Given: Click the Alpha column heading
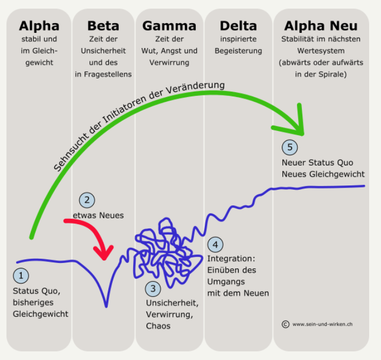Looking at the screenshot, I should coord(39,25).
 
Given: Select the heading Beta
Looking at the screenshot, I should coord(103,25).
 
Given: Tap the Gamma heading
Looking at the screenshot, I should coord(169,25).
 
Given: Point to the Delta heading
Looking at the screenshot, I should coord(238,25).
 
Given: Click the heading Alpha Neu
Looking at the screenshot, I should coord(321,25).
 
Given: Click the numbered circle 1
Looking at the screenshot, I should coord(20,276).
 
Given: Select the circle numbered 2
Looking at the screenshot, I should coord(87,200).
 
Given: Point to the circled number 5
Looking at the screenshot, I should coord(289,146).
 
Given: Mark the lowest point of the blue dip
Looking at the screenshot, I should coord(106,306).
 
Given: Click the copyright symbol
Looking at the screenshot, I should coord(285,324).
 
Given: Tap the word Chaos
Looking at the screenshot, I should coord(158,326).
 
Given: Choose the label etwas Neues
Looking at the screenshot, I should coord(98,215).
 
